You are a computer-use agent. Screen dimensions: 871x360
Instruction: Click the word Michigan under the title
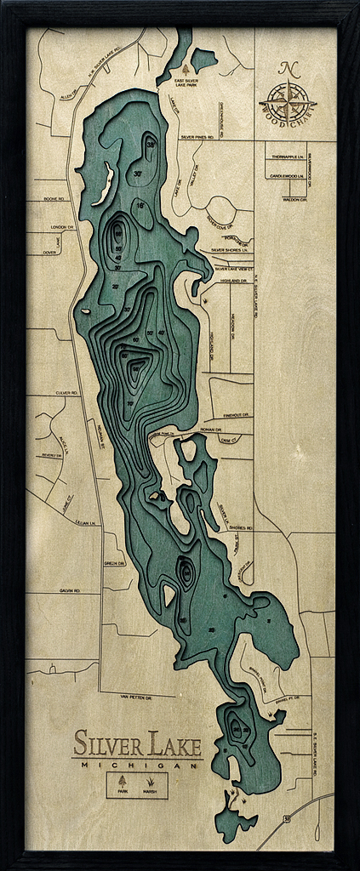136,765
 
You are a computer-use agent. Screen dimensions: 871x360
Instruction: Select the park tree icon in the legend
122,781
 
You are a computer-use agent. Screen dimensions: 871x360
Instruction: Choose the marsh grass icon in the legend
151,781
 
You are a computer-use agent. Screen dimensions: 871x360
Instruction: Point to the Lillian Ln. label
82,521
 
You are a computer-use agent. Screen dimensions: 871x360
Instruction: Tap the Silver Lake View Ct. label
235,268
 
